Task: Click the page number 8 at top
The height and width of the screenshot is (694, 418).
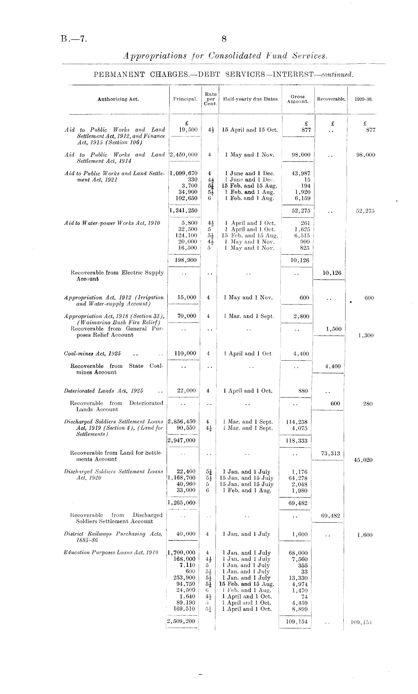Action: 224,39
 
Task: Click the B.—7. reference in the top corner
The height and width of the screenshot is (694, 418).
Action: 74,39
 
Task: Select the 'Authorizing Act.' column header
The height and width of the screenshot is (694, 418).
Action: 118,99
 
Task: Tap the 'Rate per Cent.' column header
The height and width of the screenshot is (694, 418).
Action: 211,99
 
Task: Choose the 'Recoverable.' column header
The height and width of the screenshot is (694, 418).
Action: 331,99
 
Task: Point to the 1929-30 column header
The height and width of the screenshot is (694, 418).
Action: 364,100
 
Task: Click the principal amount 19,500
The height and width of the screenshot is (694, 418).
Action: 188,130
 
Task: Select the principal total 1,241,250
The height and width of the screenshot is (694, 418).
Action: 184,211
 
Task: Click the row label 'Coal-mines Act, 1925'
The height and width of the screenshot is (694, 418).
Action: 92,354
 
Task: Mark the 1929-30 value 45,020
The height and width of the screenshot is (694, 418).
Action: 363,460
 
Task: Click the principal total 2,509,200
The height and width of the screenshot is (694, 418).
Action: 182,621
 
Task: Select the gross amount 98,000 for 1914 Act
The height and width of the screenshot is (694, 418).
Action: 301,155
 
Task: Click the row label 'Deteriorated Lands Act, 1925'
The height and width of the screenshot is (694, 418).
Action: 104,391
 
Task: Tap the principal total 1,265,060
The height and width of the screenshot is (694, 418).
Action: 183,503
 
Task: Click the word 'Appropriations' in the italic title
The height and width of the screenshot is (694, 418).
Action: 155,56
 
